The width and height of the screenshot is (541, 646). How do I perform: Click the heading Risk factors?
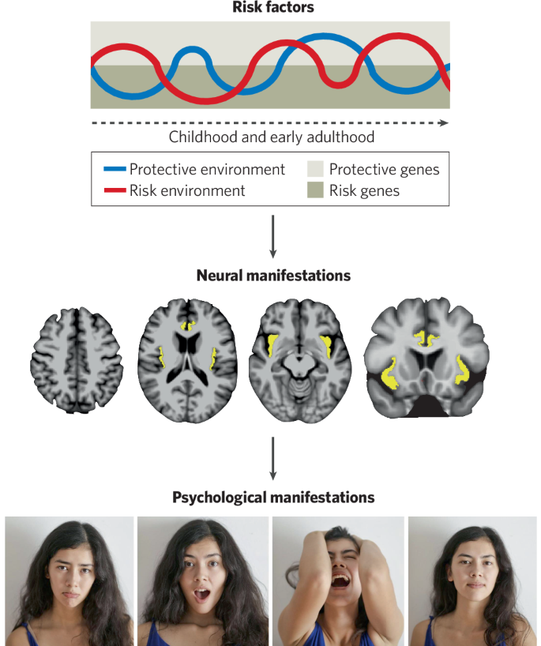click(x=272, y=7)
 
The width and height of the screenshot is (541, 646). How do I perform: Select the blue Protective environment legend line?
click(x=115, y=169)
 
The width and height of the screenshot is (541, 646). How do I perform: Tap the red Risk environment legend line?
click(x=115, y=190)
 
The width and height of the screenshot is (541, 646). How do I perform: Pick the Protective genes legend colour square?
click(x=315, y=169)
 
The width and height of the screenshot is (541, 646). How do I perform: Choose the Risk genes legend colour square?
click(x=315, y=190)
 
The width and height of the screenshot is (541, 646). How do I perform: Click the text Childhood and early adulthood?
click(x=272, y=137)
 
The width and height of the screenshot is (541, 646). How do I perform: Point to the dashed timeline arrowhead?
click(x=445, y=123)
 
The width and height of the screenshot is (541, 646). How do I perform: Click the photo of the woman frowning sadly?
click(x=70, y=581)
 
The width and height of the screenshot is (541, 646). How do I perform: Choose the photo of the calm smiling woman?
click(x=472, y=581)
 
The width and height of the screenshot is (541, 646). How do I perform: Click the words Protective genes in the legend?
click(x=384, y=169)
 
